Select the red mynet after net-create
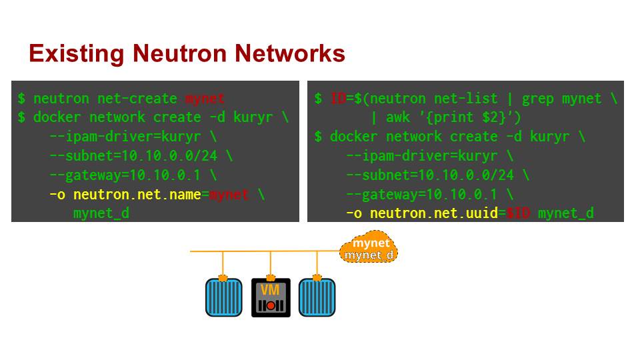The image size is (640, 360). tap(205, 99)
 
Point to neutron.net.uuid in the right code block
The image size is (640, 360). tap(433, 213)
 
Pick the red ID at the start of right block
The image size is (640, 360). tap(338, 99)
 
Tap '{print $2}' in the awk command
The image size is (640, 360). tap(467, 118)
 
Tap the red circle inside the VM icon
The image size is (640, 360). tap(271, 305)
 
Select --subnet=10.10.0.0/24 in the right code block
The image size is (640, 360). tap(430, 175)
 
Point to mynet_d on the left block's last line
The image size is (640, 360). tap(101, 213)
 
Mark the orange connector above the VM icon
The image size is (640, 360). tap(271, 277)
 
